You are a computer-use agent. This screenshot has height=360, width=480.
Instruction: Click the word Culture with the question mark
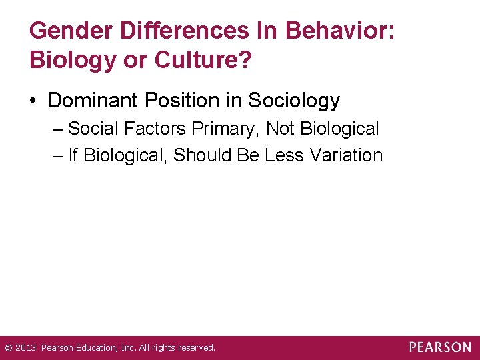tap(204, 61)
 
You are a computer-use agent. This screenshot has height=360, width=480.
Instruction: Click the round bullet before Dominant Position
tap(33, 101)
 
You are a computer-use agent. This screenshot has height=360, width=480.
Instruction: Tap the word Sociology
tap(294, 101)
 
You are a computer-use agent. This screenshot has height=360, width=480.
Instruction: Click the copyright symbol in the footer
tap(9, 348)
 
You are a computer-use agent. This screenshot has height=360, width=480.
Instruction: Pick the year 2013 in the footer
tap(25, 348)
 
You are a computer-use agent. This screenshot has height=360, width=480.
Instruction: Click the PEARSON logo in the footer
tap(440, 347)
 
